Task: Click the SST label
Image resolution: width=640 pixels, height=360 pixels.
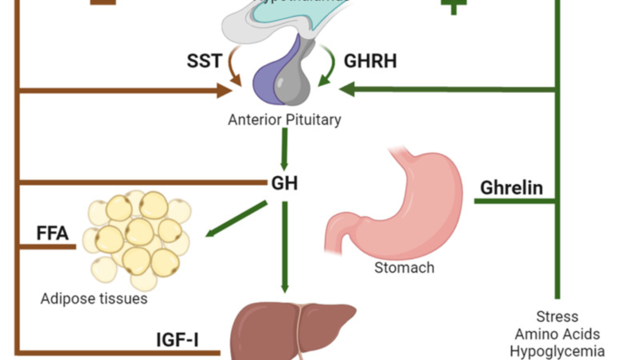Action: [204, 62]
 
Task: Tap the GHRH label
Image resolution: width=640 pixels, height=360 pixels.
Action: [370, 62]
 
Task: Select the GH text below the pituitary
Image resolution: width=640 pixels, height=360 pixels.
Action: [285, 183]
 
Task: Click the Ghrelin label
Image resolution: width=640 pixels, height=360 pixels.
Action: [512, 188]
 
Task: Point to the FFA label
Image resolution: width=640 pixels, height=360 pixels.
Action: [52, 233]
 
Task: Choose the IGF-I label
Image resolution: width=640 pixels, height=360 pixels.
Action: [178, 340]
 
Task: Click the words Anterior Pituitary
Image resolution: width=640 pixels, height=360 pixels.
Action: [284, 120]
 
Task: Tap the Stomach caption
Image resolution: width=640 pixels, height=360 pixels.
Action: [404, 268]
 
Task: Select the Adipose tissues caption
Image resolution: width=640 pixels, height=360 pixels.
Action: [94, 298]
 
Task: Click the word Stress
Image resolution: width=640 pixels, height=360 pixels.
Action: [557, 316]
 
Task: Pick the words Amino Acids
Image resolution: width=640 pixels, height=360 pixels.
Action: [557, 334]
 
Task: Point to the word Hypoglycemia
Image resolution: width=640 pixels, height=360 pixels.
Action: [557, 352]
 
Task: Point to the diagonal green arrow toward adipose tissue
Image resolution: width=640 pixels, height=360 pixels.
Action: [236, 219]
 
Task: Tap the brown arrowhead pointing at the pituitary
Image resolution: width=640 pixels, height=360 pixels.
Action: [224, 91]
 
